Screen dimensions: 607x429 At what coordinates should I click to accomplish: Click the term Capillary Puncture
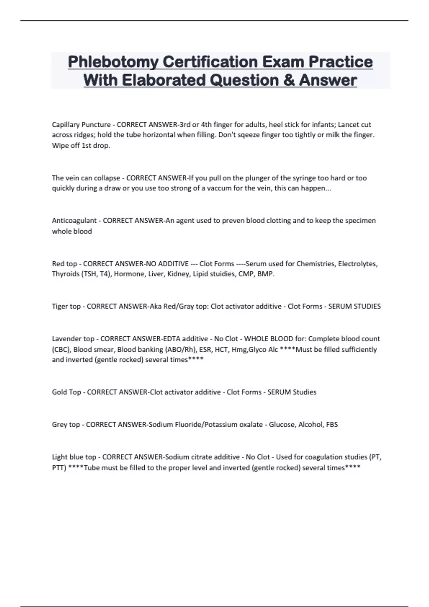pyautogui.click(x=81, y=125)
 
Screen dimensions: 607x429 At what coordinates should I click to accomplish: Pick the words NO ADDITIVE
pyautogui.click(x=167, y=264)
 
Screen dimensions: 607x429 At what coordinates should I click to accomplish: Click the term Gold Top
pyautogui.click(x=66, y=392)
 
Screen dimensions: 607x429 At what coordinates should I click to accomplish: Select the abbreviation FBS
pyautogui.click(x=332, y=425)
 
